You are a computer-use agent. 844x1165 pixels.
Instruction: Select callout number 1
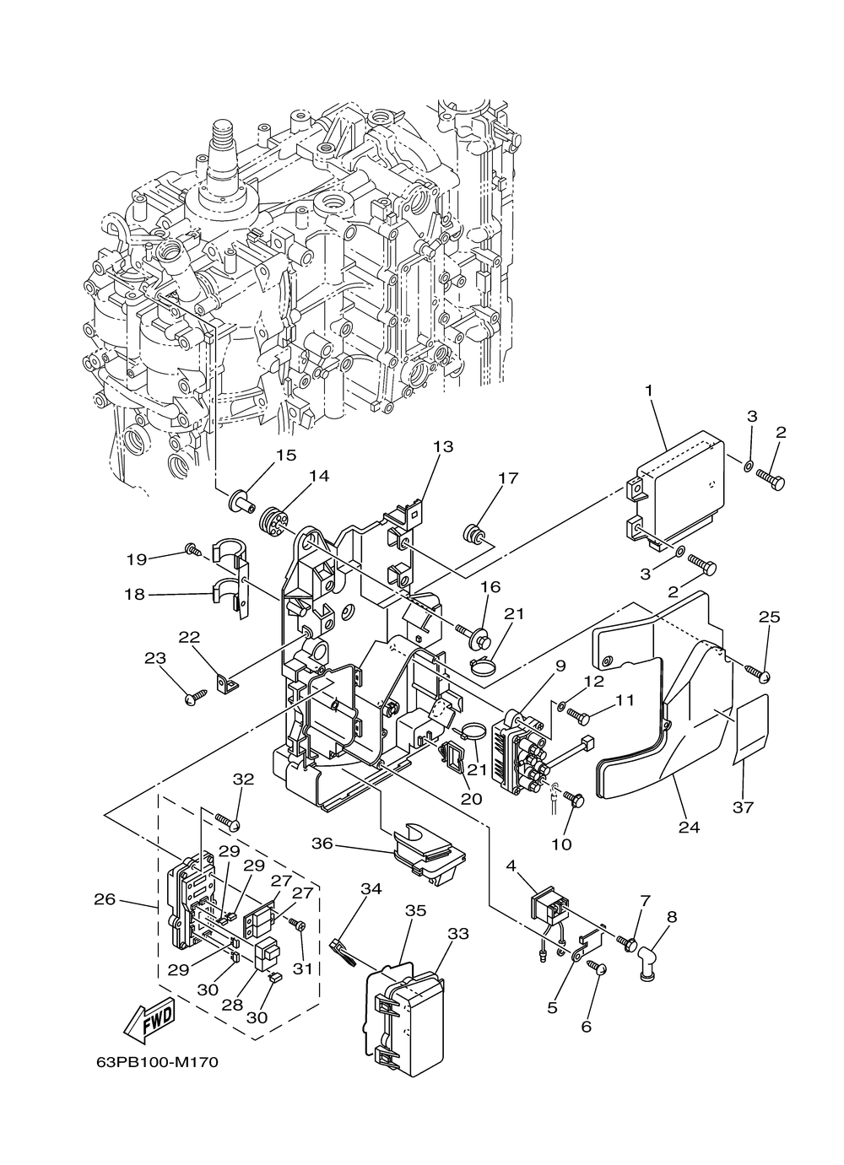649,390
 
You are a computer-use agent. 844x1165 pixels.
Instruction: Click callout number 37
743,807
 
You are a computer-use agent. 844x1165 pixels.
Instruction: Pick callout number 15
285,455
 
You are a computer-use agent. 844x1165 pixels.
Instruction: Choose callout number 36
322,843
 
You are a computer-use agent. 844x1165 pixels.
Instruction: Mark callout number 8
671,917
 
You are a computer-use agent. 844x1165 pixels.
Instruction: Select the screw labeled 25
757,673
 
